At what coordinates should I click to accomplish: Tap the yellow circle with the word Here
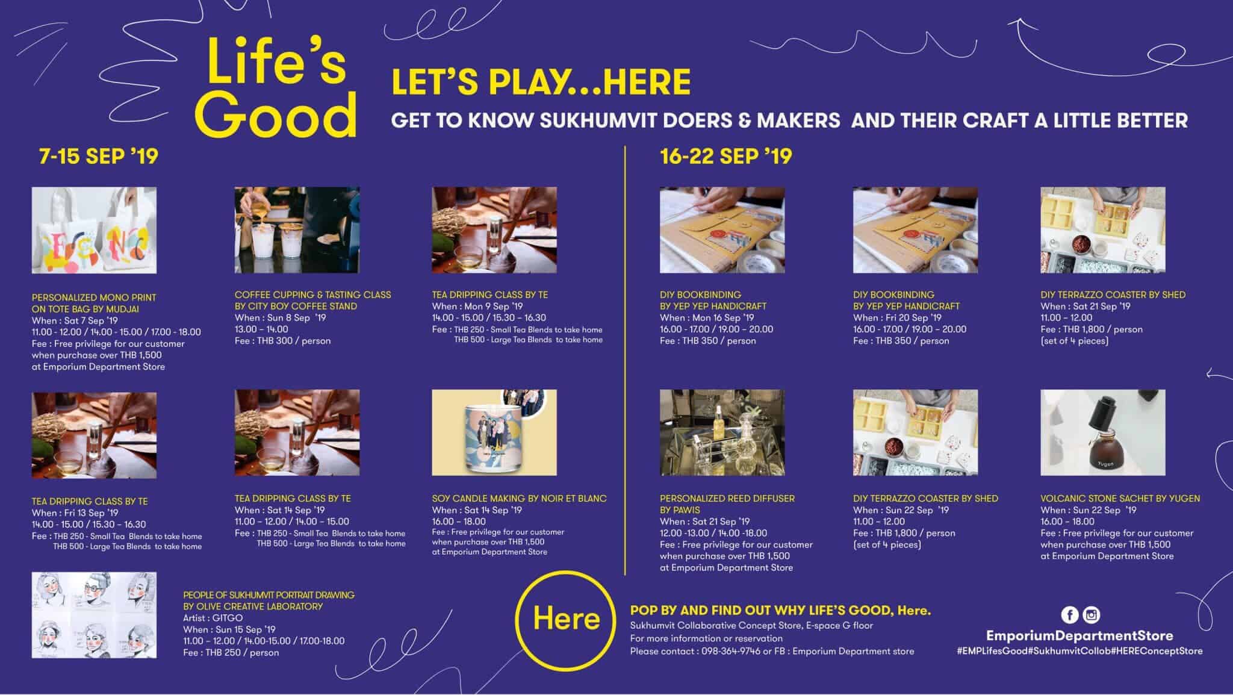(x=566, y=619)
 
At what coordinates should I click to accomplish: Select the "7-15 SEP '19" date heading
(x=98, y=157)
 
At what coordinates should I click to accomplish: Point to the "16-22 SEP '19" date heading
(x=726, y=157)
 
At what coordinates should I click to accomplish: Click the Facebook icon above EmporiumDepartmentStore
(x=1070, y=615)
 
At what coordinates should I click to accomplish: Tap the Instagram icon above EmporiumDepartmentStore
(x=1091, y=615)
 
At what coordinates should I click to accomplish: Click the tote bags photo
(x=94, y=230)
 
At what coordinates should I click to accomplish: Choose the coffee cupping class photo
(x=297, y=230)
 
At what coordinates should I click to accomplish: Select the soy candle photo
(x=494, y=432)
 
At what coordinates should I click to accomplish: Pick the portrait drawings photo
(x=94, y=615)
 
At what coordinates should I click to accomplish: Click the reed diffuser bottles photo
(x=722, y=432)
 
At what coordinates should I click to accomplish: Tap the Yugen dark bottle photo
(x=1103, y=432)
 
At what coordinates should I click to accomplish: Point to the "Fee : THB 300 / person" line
(x=283, y=341)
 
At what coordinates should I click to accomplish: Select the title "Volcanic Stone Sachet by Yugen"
(x=1120, y=499)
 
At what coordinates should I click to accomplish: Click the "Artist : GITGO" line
(x=213, y=618)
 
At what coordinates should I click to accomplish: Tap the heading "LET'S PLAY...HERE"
(x=541, y=83)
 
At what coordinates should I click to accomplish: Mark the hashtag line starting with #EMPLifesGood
(x=1079, y=651)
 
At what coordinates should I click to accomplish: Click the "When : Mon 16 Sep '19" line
(x=707, y=317)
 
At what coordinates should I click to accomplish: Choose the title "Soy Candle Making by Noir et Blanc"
(x=520, y=499)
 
